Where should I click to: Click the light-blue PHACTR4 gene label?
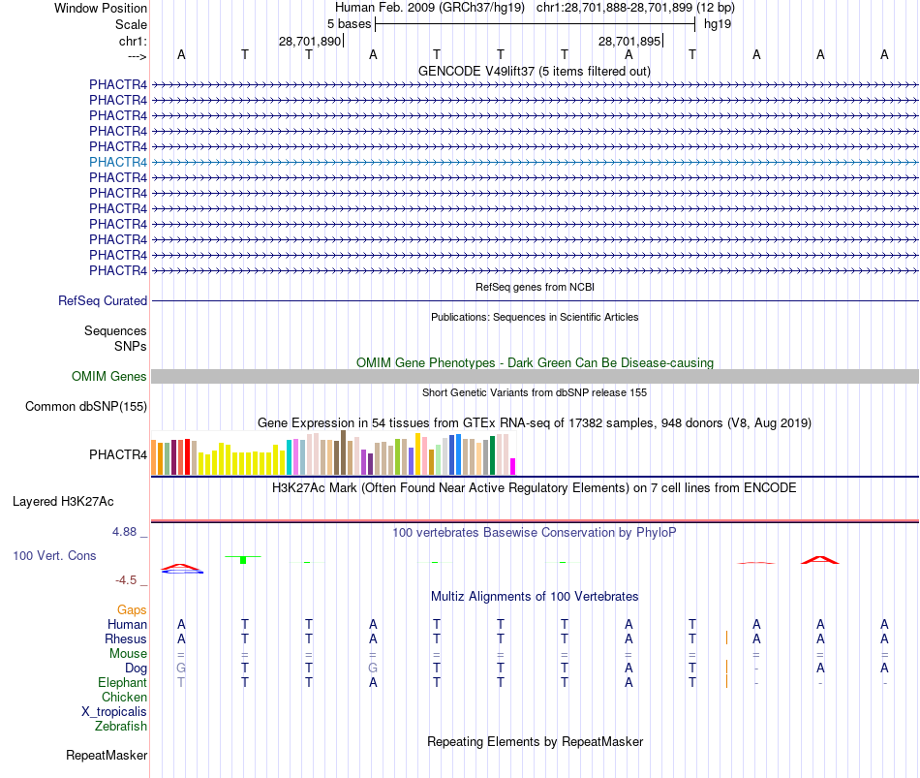[118, 162]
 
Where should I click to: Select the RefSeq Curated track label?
[103, 301]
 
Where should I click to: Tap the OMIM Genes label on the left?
[109, 377]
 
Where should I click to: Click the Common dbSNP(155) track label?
[86, 407]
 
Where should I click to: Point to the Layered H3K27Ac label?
[63, 502]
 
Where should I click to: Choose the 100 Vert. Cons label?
[55, 556]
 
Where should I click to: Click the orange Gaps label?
[132, 610]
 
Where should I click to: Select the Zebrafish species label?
[121, 727]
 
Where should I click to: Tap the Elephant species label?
[123, 683]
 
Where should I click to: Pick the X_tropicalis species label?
[114, 712]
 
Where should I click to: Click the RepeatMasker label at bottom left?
[107, 756]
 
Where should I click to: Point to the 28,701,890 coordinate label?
[310, 42]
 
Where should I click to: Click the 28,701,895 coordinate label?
[629, 42]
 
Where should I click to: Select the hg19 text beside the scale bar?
[718, 23]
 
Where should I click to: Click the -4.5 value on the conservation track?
[127, 580]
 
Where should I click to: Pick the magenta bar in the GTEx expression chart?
[513, 466]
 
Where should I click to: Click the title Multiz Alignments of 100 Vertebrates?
[535, 597]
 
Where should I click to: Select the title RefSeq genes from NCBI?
[535, 288]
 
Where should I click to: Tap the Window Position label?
[101, 8]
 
